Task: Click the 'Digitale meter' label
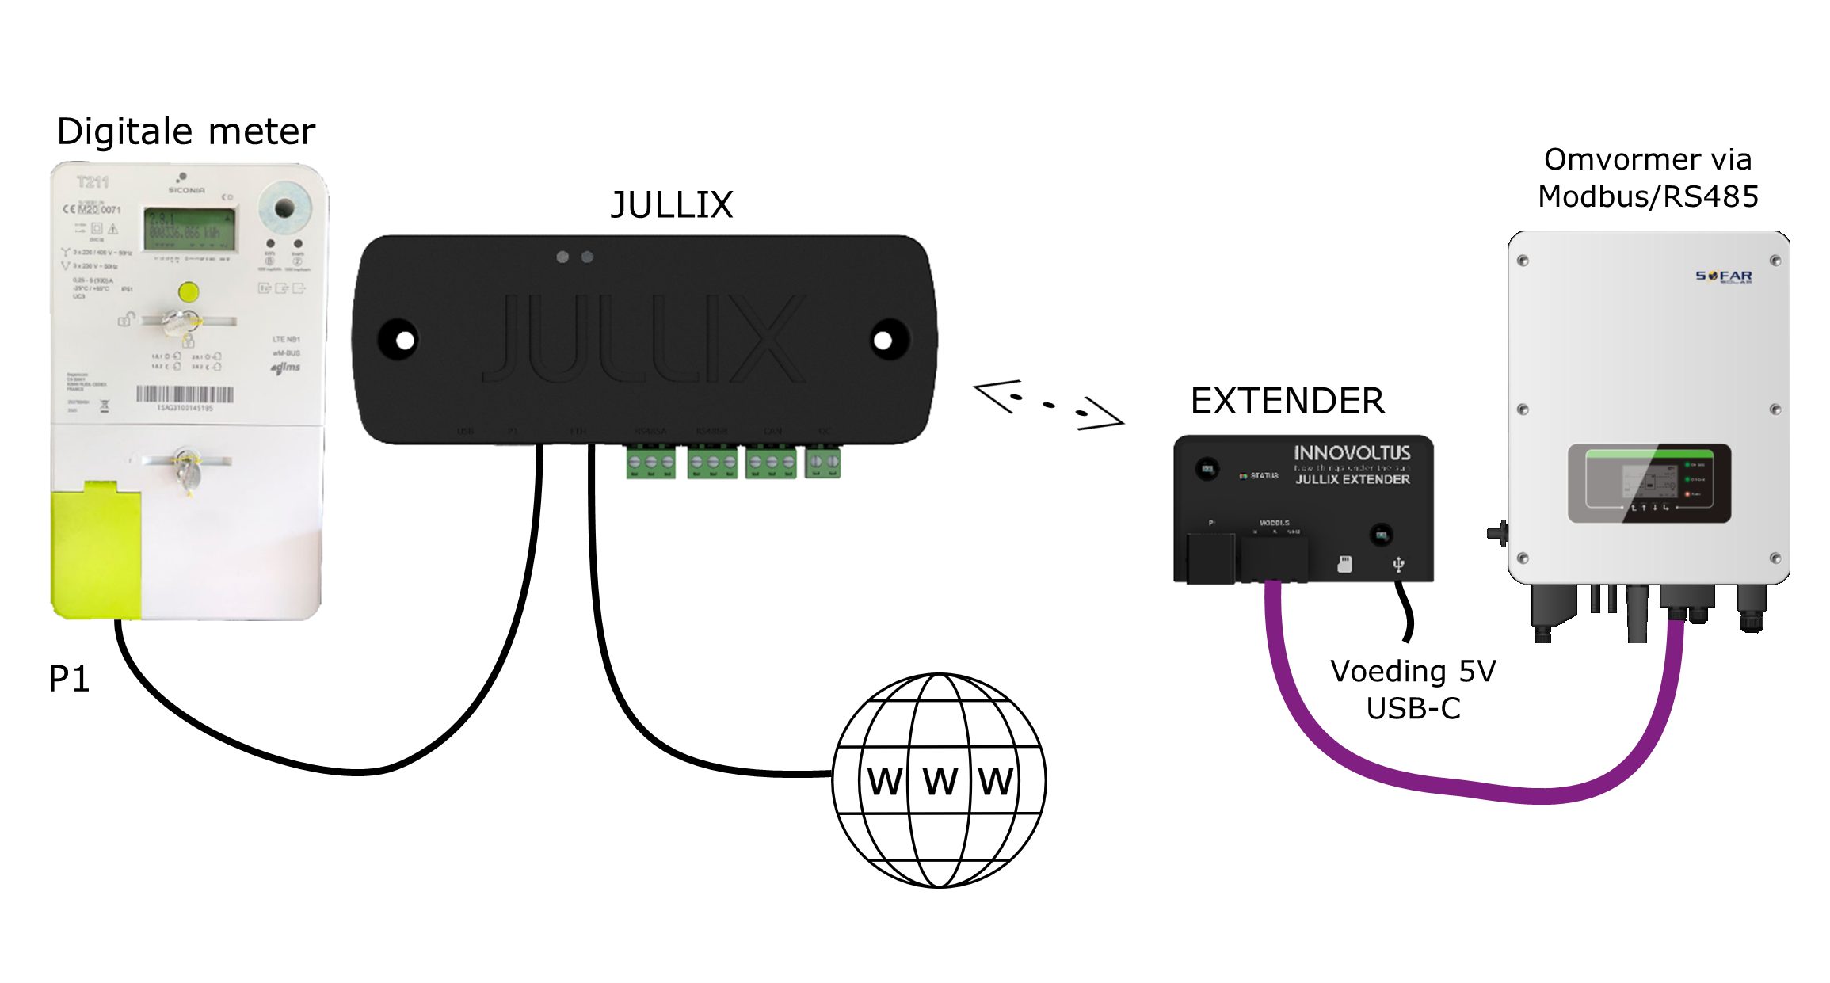point(186,131)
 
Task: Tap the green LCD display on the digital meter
point(189,228)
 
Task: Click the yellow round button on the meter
point(189,292)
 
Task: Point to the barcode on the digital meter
point(185,394)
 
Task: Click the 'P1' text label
point(69,679)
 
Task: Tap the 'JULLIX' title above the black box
point(672,205)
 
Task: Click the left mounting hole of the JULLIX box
point(404,341)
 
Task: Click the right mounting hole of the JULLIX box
point(883,341)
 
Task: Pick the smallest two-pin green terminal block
point(823,462)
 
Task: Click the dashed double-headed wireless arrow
point(1048,405)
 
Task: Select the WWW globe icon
point(940,780)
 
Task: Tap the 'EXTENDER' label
point(1288,401)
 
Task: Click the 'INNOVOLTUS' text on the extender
point(1352,453)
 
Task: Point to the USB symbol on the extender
point(1398,564)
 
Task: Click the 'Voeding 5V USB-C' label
point(1413,689)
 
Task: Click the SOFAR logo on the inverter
point(1724,276)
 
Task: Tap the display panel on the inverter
point(1649,483)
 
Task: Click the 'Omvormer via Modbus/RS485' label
point(1648,178)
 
